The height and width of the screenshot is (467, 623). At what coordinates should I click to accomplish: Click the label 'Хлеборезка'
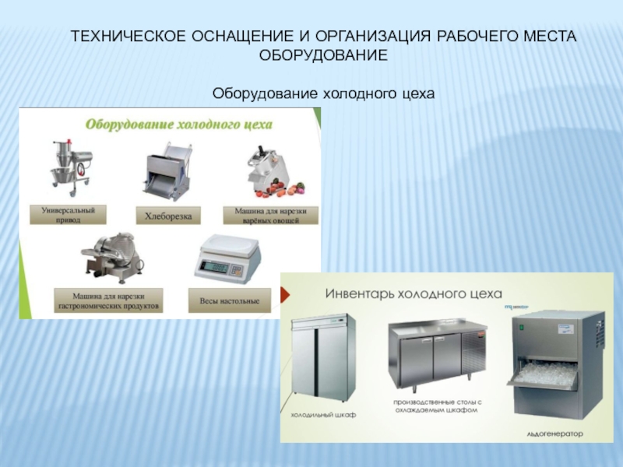point(168,216)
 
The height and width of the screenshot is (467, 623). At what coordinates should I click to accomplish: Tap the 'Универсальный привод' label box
point(68,215)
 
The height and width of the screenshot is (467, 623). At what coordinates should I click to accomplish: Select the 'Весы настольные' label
point(229,300)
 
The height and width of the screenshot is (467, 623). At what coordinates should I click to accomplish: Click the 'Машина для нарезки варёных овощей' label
point(270,216)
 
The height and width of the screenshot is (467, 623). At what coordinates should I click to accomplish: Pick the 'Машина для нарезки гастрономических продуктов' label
point(108,300)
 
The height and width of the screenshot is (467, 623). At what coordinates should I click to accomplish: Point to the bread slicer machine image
point(167,171)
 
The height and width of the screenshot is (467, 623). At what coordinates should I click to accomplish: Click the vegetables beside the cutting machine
point(282,189)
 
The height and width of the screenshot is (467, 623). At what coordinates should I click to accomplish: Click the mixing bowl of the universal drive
point(64,174)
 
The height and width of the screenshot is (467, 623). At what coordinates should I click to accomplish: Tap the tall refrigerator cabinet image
point(322,356)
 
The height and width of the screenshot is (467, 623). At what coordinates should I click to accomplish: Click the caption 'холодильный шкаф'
point(323,415)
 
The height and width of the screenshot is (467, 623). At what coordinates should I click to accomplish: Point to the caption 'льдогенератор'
point(554,434)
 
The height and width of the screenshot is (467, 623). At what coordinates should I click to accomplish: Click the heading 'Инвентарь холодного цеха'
point(414,294)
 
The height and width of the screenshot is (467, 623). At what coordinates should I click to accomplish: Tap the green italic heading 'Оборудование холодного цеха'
point(179,125)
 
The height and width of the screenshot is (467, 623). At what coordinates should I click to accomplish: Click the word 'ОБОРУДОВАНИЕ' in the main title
point(323,55)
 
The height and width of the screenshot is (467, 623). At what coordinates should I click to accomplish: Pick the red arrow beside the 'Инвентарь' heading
point(285,294)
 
